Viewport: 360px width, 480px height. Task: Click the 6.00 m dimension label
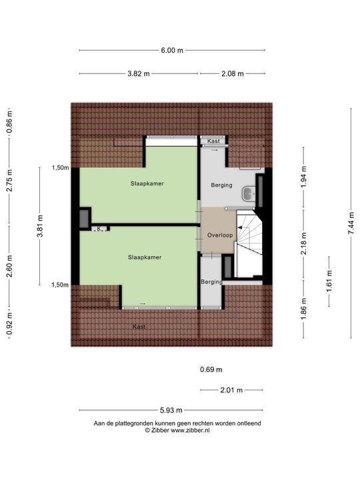pos(172,50)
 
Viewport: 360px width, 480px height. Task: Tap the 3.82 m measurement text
pos(139,73)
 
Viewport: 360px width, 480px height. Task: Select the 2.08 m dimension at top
pos(233,73)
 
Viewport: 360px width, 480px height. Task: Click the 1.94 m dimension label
pos(304,178)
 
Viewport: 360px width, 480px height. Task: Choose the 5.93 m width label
pos(172,410)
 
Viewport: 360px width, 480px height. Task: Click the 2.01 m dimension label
pos(231,390)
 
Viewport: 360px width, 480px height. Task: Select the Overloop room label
pos(219,235)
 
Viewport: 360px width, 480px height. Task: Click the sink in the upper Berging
pos(248,193)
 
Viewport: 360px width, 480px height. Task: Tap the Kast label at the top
pos(213,141)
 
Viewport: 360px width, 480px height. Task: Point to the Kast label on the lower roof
pos(139,327)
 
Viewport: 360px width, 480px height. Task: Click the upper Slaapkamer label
pos(147,183)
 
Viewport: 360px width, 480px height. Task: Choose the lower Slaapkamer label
pos(145,256)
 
